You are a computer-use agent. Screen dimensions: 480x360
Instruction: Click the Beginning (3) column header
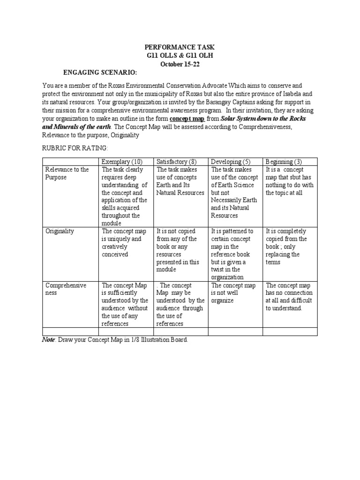pos(284,162)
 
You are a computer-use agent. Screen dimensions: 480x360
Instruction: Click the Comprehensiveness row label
pos(66,289)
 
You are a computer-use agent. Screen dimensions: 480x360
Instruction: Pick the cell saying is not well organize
pos(233,292)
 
